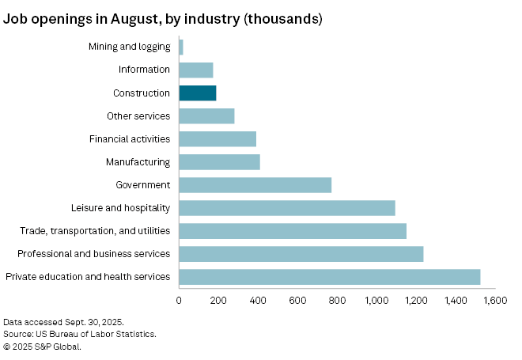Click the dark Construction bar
coord(197,93)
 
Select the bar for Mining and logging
coord(181,47)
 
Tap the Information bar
coord(196,70)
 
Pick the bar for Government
coord(255,184)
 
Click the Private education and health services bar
coord(329,276)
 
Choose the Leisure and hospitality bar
coord(286,207)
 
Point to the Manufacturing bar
coord(219,161)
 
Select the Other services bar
coord(206,116)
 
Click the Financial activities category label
coord(130,138)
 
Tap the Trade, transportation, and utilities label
coord(95,230)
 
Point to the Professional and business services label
coord(94,253)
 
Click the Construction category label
coord(142,93)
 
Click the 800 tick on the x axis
coord(337,301)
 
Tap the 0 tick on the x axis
coord(180,301)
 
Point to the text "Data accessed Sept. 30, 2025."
coord(63,322)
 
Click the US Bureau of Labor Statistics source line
coord(79,334)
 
